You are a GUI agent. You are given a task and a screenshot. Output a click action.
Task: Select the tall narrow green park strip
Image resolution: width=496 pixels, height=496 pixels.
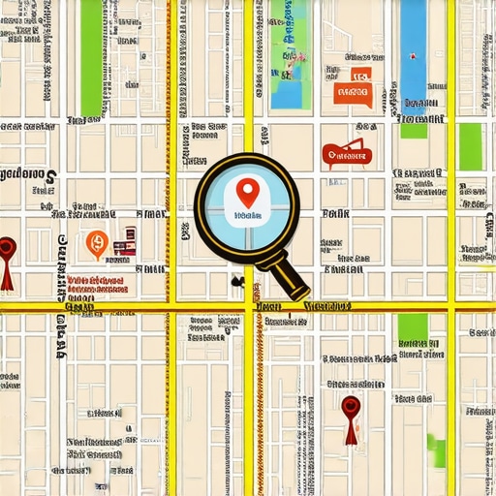(91, 58)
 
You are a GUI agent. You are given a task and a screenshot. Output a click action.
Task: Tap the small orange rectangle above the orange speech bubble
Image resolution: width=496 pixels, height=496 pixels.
(360, 73)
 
